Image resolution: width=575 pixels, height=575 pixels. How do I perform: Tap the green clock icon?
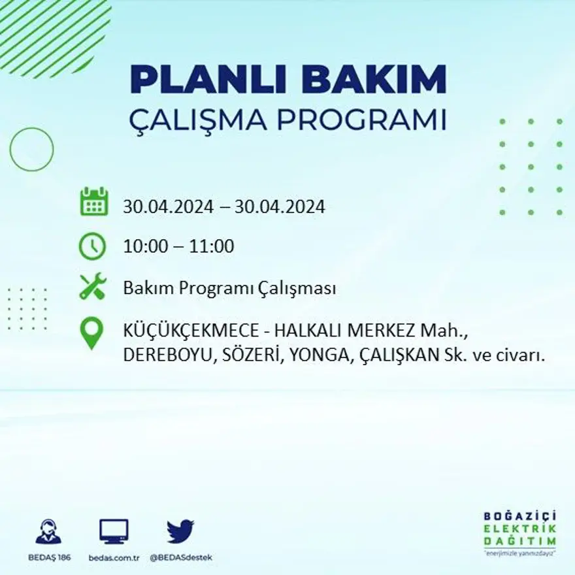(x=92, y=246)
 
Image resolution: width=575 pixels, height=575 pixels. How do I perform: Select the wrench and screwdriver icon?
(x=92, y=287)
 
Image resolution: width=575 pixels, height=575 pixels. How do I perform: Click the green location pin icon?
(x=91, y=333)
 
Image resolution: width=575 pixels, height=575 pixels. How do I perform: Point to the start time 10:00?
(x=144, y=247)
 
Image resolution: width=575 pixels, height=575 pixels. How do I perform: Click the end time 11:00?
(x=211, y=247)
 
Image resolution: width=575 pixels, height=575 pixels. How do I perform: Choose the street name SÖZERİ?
(x=244, y=355)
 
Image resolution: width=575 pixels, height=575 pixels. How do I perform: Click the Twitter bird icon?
(x=180, y=531)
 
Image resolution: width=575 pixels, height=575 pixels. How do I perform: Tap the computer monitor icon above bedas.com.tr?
(x=114, y=531)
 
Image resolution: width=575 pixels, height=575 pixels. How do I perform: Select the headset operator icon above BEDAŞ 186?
(x=48, y=531)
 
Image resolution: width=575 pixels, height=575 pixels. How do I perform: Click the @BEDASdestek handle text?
(x=180, y=557)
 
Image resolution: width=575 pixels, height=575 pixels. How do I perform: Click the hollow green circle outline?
(x=31, y=150)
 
